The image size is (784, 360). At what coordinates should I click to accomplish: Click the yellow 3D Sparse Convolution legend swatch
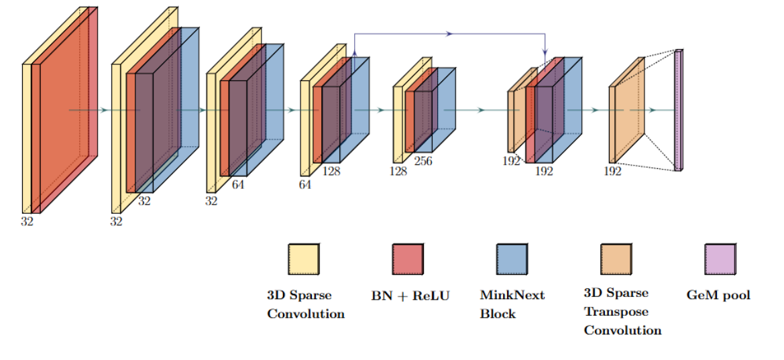[304, 259]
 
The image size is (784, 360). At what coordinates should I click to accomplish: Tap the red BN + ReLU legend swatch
[408, 259]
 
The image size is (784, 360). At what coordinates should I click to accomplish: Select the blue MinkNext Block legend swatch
[512, 259]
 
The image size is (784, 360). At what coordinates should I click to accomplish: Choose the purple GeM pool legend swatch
[720, 259]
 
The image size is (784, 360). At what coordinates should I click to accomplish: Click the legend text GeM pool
[718, 295]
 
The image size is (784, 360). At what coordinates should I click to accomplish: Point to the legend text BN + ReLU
[410, 295]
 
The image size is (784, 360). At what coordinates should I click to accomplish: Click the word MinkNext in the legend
[512, 295]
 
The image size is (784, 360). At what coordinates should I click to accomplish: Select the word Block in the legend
[498, 313]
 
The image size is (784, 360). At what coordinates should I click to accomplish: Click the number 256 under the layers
[423, 161]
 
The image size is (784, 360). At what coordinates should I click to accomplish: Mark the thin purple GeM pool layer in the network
[678, 111]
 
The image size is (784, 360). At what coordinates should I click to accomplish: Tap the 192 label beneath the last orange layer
[612, 171]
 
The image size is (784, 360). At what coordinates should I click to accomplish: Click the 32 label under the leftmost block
[27, 221]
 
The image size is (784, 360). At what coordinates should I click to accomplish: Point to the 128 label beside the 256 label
[398, 171]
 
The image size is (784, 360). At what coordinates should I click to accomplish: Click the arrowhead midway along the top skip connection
[449, 33]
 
